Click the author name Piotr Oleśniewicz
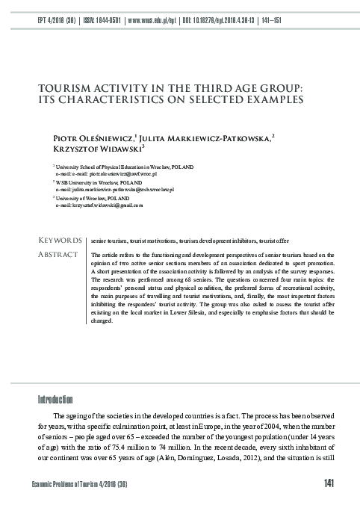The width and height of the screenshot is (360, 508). tap(91, 139)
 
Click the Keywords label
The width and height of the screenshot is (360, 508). tap(59, 241)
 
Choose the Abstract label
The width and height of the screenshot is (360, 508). tap(58, 255)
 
